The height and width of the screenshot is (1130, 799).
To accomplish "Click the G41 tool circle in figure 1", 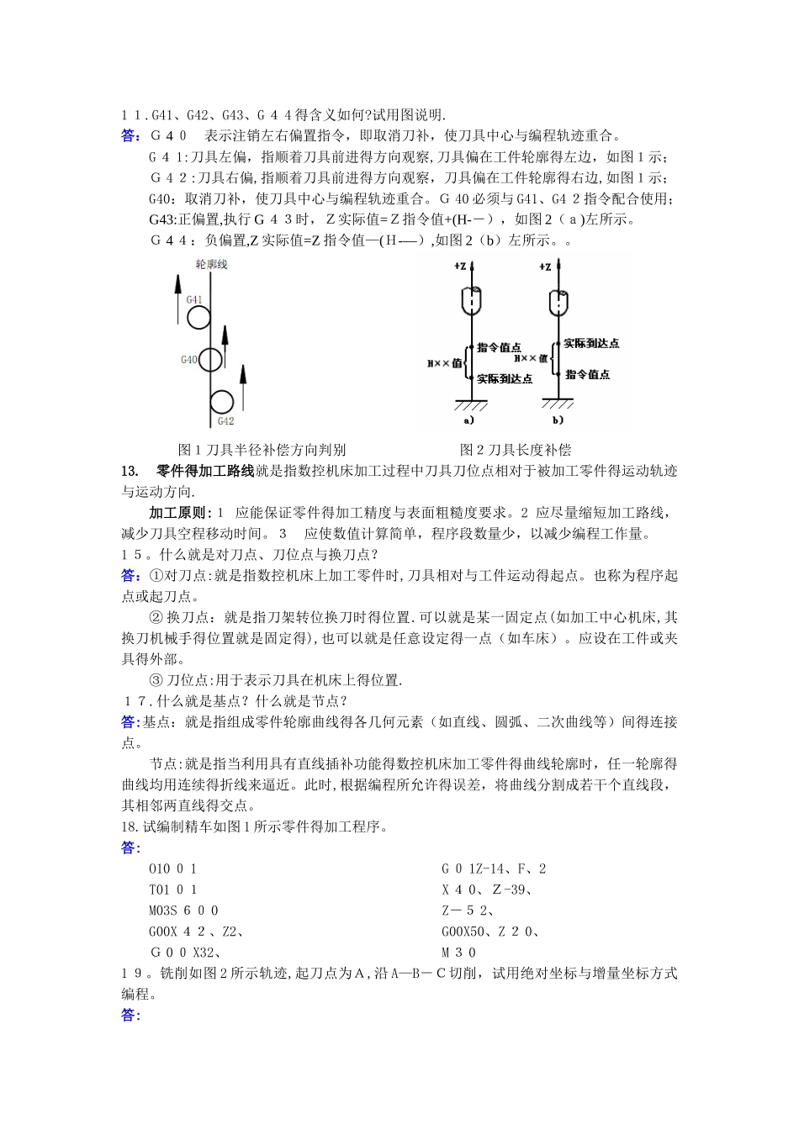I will [x=198, y=317].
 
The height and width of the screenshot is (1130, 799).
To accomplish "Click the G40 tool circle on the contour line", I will [x=210, y=360].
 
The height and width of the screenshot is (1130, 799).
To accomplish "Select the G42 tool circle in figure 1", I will [x=222, y=402].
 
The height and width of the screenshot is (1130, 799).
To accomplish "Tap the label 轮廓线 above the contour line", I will [x=211, y=265].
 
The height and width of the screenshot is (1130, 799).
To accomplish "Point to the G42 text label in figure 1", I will [x=225, y=421].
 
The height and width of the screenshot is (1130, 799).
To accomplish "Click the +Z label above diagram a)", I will [x=460, y=267].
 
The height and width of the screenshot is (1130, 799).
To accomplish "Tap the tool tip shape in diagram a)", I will [x=473, y=300].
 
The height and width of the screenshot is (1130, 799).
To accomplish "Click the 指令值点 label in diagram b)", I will [x=587, y=374].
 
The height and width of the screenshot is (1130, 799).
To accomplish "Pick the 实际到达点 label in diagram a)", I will [x=505, y=379].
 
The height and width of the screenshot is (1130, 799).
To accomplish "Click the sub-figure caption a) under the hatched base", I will [x=469, y=420].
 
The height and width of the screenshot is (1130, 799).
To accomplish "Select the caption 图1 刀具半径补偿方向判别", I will [x=262, y=450].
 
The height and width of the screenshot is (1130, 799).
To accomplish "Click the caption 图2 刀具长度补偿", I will [x=515, y=450].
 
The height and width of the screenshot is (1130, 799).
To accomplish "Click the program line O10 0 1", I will [x=172, y=869].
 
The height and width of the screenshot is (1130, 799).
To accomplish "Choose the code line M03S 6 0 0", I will [x=183, y=911].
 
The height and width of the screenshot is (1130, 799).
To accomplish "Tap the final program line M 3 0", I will [x=458, y=953].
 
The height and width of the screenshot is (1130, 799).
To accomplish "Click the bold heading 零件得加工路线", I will [x=205, y=471].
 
